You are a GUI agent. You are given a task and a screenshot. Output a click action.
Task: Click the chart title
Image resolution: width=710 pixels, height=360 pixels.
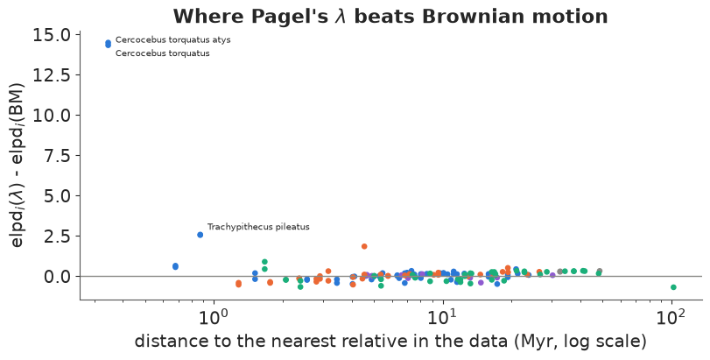point(390,17)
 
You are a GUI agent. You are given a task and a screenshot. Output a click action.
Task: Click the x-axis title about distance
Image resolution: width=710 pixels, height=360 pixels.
point(390,341)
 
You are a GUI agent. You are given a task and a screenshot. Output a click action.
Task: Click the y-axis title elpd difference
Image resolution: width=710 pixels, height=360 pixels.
point(17,166)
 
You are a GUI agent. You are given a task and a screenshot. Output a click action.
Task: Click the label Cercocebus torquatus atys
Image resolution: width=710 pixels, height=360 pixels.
point(173,39)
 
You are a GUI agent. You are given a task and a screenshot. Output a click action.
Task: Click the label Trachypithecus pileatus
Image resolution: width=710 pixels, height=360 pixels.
point(258,227)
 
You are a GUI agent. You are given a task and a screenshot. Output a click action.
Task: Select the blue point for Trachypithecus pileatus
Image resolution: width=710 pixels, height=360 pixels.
point(200,235)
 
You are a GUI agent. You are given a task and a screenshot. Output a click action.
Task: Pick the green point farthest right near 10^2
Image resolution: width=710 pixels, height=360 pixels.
point(673,287)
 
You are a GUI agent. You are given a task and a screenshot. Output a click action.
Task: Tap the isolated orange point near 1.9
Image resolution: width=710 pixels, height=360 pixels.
point(364,246)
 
